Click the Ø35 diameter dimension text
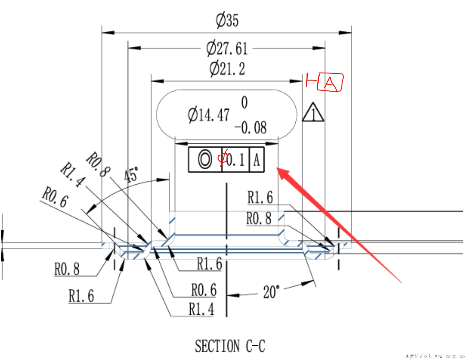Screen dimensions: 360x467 tap(227, 20)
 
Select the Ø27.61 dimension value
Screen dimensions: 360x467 tap(227, 49)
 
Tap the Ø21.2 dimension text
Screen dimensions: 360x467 tap(227, 69)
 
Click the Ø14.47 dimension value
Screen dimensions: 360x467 tap(208, 115)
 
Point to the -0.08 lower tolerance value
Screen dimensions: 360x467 tap(251, 128)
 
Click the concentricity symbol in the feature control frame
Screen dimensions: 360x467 tap(205, 160)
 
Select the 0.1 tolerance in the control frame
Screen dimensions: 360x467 tap(236, 160)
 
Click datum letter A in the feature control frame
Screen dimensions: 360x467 tap(256, 160)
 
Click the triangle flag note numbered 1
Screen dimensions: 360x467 tap(313, 113)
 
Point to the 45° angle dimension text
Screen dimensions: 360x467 tap(131, 175)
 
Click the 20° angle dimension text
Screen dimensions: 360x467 tap(271, 292)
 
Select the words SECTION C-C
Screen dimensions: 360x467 tap(230, 346)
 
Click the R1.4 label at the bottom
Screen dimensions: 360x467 tap(201, 309)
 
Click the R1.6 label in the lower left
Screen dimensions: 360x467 tap(81, 296)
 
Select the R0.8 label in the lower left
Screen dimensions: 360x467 tap(67, 269)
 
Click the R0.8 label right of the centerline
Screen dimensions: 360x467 tap(259, 218)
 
